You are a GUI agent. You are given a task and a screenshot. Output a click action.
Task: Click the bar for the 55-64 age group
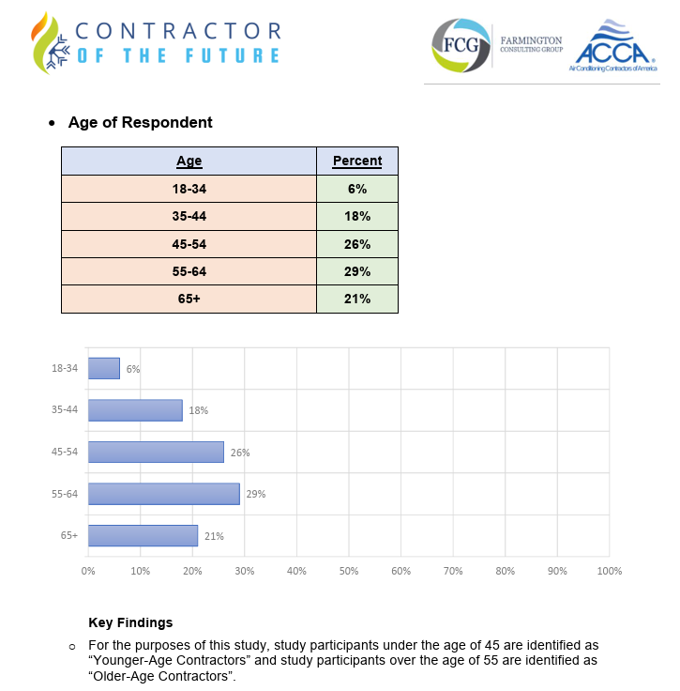(x=163, y=494)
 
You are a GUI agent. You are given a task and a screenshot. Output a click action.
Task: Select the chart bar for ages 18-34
(x=103, y=368)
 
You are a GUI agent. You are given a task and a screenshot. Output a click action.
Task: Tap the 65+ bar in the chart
(x=143, y=536)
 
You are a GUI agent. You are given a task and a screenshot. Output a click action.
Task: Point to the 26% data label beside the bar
(x=240, y=453)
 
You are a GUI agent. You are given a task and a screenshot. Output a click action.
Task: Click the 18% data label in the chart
(x=198, y=410)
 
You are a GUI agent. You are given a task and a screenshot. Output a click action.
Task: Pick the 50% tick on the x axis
(x=349, y=571)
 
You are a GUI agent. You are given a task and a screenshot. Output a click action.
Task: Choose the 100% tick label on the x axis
(x=609, y=571)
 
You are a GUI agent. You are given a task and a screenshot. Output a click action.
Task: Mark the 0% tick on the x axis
(x=88, y=571)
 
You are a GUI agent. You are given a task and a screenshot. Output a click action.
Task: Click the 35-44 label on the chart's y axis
(x=65, y=410)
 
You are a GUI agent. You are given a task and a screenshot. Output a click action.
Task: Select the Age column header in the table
(x=189, y=161)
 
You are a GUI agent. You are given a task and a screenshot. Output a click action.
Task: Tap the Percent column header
(x=357, y=161)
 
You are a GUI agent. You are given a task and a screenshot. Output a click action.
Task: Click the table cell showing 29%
(x=357, y=272)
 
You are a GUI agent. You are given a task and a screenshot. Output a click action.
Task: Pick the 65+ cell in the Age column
(x=189, y=299)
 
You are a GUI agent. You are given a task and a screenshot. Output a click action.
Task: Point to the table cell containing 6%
(x=357, y=189)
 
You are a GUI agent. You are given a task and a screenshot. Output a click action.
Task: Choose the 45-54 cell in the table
(x=189, y=244)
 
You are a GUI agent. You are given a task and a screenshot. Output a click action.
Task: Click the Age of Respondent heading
(x=140, y=123)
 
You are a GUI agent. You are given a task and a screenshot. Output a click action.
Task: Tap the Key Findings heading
(x=130, y=622)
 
